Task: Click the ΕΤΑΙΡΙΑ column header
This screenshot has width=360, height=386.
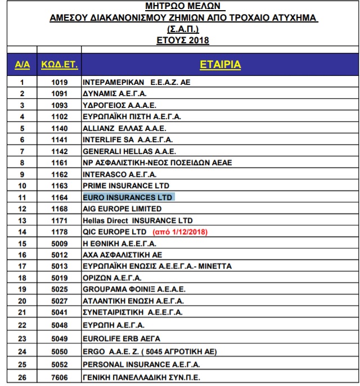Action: click(x=220, y=66)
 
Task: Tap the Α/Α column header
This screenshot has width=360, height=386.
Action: click(x=22, y=66)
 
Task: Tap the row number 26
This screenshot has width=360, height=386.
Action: click(x=22, y=377)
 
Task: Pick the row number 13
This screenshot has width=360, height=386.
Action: click(x=22, y=220)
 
